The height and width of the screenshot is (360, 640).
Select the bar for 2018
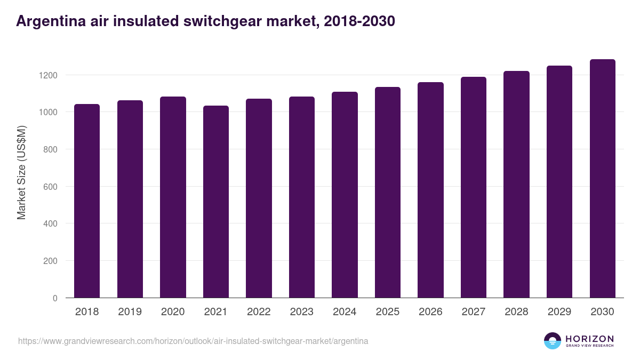click(87, 201)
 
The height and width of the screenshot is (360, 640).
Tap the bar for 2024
click(345, 195)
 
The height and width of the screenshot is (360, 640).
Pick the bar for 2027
click(474, 187)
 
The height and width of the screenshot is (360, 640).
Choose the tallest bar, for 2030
click(602, 179)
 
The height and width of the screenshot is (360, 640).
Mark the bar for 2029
click(559, 182)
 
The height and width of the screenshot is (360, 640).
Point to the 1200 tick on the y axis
click(47, 75)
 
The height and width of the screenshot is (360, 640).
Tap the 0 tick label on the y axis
click(55, 298)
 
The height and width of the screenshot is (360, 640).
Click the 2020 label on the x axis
click(173, 312)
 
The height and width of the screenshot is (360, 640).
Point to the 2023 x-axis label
click(301, 312)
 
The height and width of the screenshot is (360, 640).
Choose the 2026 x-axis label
click(430, 312)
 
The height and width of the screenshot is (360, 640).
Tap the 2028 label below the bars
click(516, 312)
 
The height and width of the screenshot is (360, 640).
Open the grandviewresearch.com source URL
click(193, 341)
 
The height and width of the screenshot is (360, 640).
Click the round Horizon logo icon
click(553, 341)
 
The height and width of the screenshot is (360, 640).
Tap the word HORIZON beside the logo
click(589, 338)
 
